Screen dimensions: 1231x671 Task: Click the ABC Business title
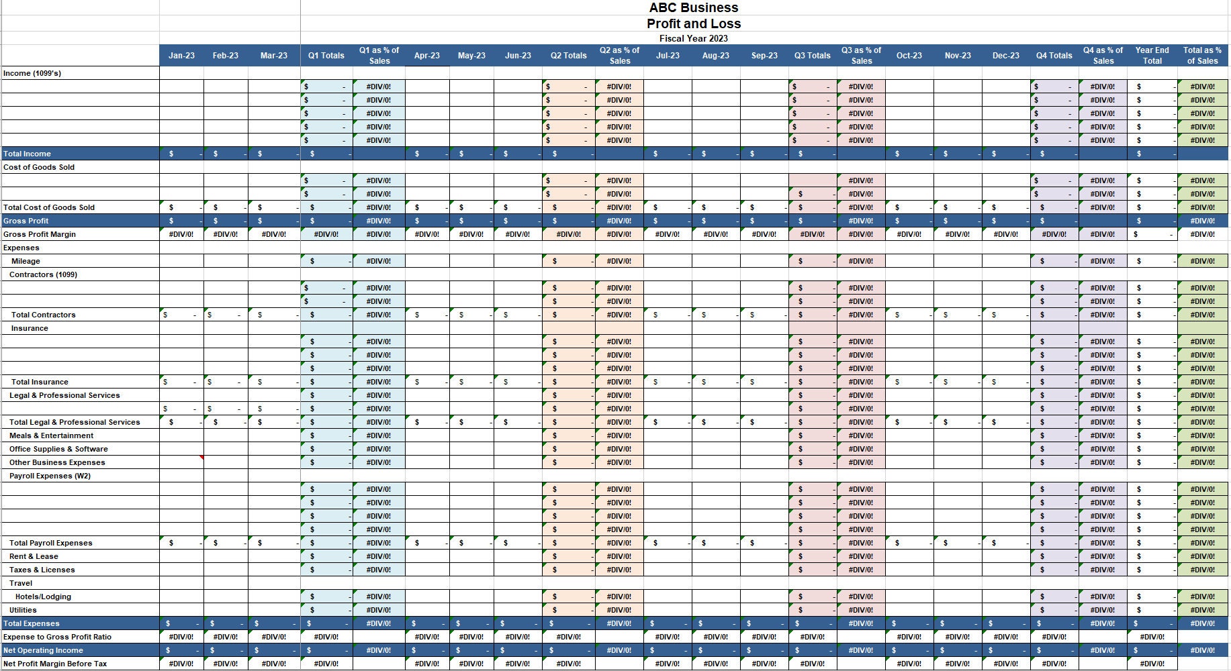693,8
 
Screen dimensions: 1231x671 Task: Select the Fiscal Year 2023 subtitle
693,38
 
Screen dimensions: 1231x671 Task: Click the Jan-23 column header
181,56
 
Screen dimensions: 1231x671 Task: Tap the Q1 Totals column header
326,56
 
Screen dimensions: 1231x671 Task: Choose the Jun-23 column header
518,56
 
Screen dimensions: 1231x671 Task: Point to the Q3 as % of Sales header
861,56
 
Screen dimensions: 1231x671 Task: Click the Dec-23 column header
1005,56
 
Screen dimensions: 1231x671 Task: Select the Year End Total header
1152,56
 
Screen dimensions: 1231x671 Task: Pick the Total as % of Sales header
1202,56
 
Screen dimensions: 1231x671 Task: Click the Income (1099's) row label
32,73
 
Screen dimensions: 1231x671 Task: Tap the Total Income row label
27,154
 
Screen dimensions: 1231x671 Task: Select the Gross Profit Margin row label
40,234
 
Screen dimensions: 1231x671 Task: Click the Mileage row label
26,261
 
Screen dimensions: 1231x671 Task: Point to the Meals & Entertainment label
51,435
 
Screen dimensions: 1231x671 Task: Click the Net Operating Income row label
43,650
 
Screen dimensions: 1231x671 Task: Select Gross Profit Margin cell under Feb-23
226,234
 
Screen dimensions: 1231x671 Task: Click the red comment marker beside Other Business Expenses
201,458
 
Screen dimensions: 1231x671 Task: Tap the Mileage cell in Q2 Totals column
568,261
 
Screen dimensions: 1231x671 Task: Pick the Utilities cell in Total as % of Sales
1202,610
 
